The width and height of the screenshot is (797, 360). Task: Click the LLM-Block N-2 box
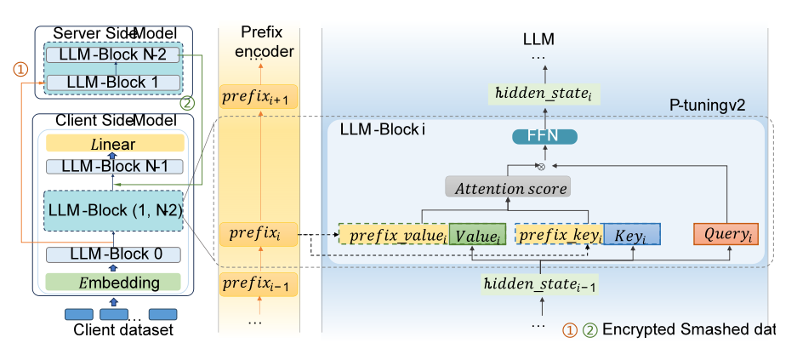coord(113,54)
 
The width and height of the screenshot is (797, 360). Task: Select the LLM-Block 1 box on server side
coord(113,83)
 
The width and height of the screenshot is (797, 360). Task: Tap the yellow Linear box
coord(113,145)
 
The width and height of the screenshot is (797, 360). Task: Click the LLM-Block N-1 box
coord(113,166)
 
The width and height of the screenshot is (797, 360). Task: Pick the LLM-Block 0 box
coord(113,254)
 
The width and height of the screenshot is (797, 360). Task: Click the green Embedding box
coord(113,282)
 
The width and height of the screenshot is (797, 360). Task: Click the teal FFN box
coord(544,136)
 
